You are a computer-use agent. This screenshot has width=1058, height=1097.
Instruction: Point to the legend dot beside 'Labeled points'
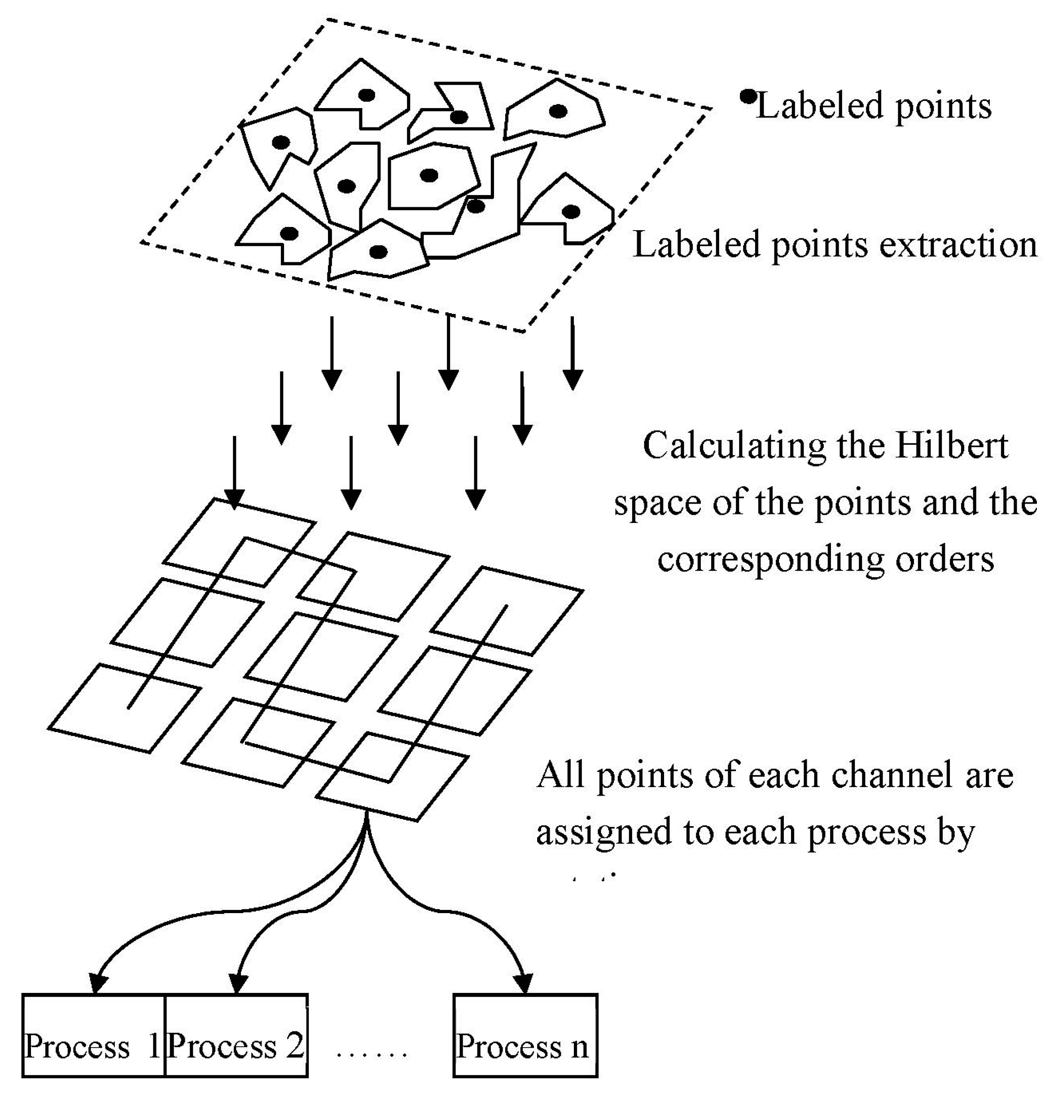748,97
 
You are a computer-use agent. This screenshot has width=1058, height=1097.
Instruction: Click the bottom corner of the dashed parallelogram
523,331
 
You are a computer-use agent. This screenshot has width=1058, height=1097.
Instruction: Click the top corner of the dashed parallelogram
328,20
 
